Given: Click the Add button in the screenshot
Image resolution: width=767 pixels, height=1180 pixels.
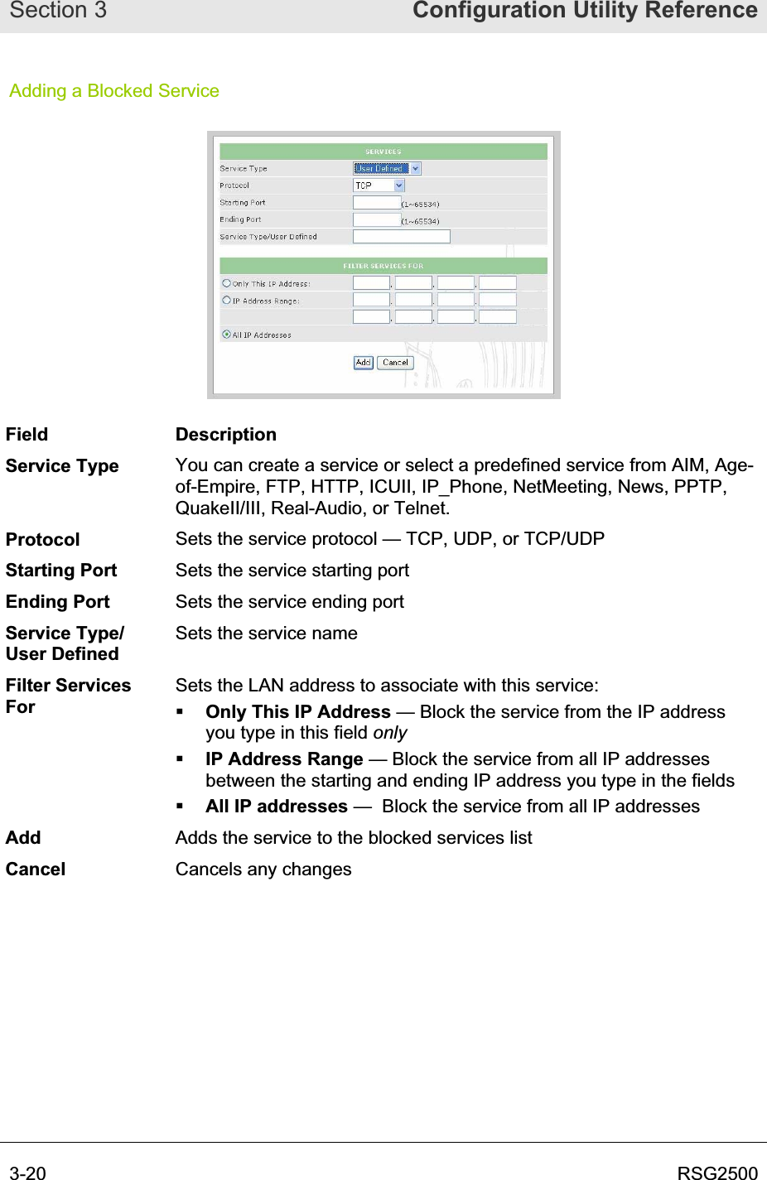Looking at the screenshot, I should (x=363, y=363).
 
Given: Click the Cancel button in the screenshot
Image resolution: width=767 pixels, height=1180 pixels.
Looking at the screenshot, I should (x=395, y=363).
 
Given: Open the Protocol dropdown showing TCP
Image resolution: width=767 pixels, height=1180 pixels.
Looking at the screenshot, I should (x=379, y=185).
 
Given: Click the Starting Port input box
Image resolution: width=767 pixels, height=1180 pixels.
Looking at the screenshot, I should (x=377, y=203).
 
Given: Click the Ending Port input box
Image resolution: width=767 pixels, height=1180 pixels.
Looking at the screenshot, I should (x=377, y=220).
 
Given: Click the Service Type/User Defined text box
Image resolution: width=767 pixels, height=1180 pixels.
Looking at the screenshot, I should (x=402, y=237).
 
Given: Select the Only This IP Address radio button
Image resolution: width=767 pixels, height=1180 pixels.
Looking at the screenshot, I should (x=227, y=283).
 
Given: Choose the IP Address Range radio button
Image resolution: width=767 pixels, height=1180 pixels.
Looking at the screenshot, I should (x=227, y=301).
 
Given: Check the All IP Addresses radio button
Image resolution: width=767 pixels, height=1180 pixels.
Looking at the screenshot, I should (x=227, y=335).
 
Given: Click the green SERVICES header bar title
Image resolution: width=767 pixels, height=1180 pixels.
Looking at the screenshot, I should (x=383, y=152).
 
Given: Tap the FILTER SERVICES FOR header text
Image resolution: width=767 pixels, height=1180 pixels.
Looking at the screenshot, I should (x=383, y=266).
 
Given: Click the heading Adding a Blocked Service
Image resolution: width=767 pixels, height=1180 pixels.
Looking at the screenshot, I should (x=114, y=91).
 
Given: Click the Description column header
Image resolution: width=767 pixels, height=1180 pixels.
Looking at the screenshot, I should (x=226, y=435).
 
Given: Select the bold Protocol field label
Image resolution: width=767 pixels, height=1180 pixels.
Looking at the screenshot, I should (x=43, y=540).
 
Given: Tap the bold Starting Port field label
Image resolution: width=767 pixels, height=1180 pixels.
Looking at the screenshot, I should (x=61, y=571).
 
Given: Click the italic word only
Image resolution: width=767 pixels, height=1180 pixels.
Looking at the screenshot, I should (x=390, y=733).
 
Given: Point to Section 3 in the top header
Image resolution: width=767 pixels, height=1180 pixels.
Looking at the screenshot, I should (x=58, y=11).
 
